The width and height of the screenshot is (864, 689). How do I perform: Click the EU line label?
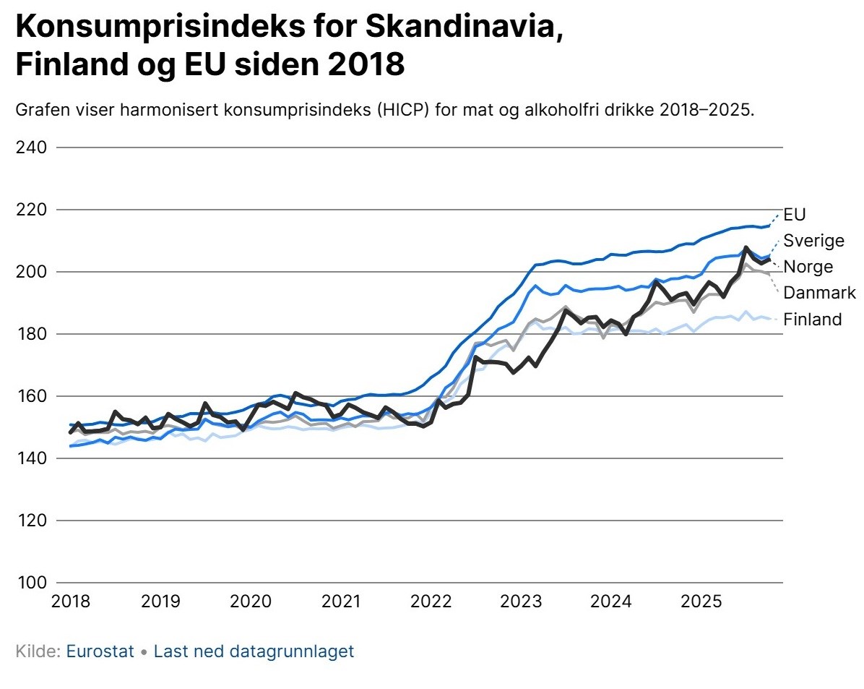point(794,215)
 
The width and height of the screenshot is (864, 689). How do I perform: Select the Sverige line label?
point(813,241)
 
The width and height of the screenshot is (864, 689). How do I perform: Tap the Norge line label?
point(808,267)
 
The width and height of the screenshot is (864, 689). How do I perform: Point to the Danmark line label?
point(819,293)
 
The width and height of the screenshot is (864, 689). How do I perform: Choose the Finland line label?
point(813,319)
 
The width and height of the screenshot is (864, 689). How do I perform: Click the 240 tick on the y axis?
point(31,147)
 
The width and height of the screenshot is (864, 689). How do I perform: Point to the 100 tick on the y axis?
point(31,583)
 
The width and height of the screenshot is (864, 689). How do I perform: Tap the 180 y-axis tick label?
point(31,334)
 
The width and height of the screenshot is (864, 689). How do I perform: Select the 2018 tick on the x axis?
point(71,601)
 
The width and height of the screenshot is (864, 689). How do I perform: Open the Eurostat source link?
point(100,651)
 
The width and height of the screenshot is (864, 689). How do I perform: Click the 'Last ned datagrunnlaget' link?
point(254,651)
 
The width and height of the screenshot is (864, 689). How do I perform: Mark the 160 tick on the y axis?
point(31,396)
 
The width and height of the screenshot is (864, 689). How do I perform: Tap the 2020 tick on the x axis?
point(251,601)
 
